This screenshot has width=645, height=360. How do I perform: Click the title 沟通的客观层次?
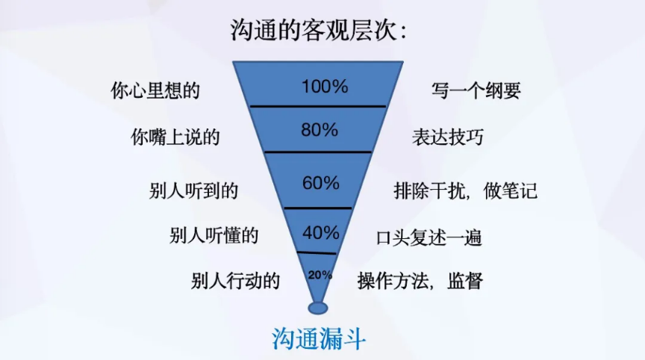click(x=314, y=31)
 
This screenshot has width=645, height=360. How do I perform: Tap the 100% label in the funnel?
click(x=325, y=87)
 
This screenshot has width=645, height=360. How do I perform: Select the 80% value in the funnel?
click(x=320, y=130)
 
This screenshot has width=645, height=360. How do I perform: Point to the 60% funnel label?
click(x=321, y=183)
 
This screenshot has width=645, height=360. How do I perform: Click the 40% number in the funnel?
click(x=321, y=233)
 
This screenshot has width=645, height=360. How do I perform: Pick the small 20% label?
click(x=320, y=275)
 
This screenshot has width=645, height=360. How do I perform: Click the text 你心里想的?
click(x=155, y=90)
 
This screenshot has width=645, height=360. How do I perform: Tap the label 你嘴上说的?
click(x=175, y=137)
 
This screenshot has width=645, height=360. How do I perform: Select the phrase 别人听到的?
click(x=194, y=191)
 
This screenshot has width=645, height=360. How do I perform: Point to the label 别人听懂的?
click(x=214, y=236)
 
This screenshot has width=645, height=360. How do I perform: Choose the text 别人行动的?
click(x=235, y=281)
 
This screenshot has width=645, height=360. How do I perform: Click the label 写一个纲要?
click(x=476, y=90)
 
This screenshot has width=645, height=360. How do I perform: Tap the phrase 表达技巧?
click(x=448, y=137)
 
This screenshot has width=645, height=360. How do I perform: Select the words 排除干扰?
click(x=429, y=191)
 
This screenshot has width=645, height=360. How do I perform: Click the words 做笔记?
click(x=511, y=191)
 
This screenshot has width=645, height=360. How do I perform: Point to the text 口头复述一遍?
click(x=429, y=238)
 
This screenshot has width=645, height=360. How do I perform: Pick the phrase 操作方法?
click(x=393, y=281)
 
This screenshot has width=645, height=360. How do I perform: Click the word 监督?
click(x=465, y=281)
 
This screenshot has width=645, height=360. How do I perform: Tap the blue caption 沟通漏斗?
click(x=319, y=339)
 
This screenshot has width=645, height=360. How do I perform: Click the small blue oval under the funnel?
click(x=318, y=308)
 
